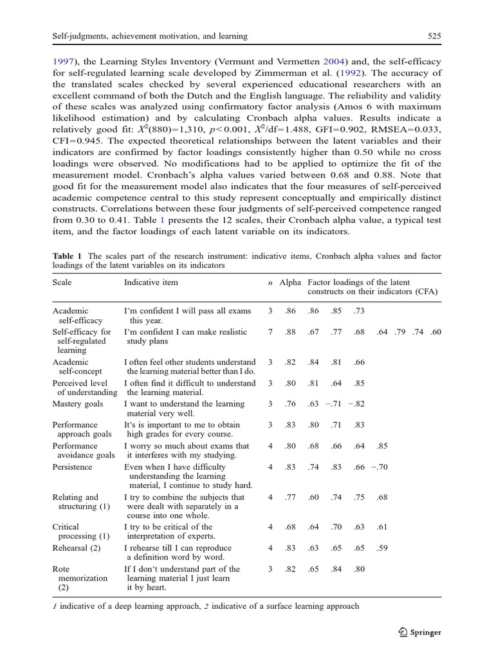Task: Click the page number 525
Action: click(434, 36)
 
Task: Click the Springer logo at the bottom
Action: click(420, 632)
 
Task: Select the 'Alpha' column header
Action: click(290, 283)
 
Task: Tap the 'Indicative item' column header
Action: click(151, 283)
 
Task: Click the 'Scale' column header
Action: click(62, 283)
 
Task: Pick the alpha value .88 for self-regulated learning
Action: click(291, 332)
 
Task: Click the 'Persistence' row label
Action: click(72, 467)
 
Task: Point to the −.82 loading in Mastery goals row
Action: click(356, 404)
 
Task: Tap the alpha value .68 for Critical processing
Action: click(291, 527)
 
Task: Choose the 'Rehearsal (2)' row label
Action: click(77, 548)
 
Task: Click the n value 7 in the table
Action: click(270, 332)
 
